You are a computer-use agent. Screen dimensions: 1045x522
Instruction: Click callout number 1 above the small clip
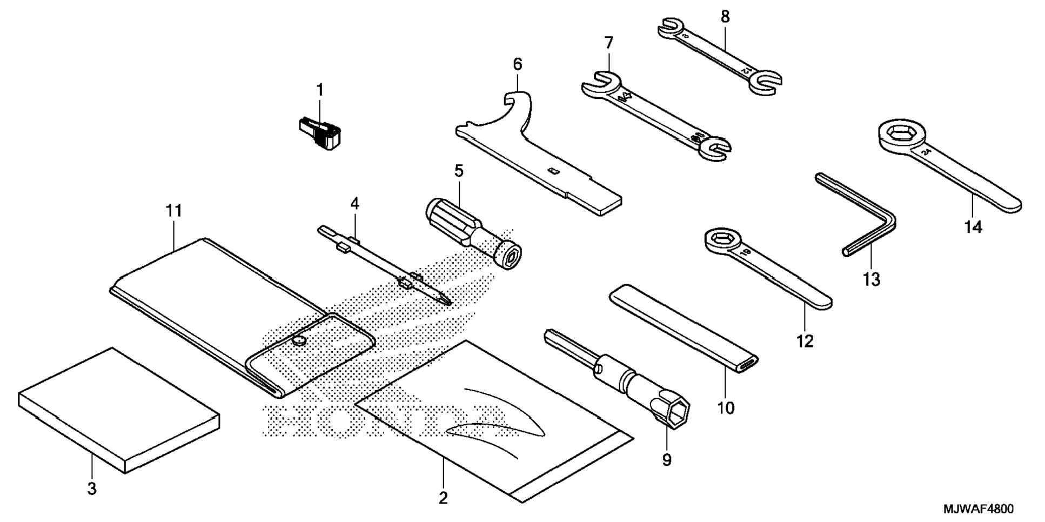click(319, 90)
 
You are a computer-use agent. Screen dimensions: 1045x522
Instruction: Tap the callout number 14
click(973, 227)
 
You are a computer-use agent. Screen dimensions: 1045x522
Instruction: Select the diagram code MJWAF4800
click(978, 509)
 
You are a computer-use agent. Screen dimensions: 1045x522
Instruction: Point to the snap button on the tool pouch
click(298, 340)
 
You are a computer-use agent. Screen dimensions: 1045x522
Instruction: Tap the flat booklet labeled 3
click(119, 411)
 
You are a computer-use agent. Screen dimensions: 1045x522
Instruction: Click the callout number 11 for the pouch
click(173, 211)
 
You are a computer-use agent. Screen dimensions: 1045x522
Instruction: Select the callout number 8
click(725, 17)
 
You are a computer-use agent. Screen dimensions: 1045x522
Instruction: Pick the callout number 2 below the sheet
click(443, 498)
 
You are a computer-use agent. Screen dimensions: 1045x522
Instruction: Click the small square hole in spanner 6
click(552, 172)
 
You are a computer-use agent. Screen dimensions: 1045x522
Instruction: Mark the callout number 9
click(667, 460)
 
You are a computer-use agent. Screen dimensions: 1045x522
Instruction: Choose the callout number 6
click(518, 65)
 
